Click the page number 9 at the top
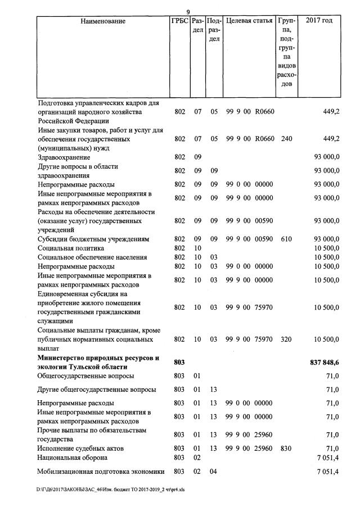tap(188, 12)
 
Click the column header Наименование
tap(103, 21)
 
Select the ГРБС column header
tap(179, 21)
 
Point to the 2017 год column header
tap(319, 21)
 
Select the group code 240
tap(286, 139)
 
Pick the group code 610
tap(286, 239)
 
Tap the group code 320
tap(286, 339)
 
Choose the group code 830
tap(286, 448)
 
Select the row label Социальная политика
tap(70, 248)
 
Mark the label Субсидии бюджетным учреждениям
tap(93, 239)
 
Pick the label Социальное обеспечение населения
tap(92, 257)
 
